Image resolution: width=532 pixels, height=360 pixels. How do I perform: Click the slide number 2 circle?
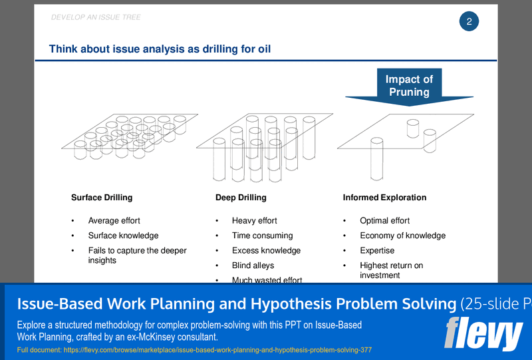[x=469, y=21]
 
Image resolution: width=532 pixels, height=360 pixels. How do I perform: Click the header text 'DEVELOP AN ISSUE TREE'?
[x=96, y=17]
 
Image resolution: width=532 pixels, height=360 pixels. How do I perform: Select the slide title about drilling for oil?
[x=160, y=49]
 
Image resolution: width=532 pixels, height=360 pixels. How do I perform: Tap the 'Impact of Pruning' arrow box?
[x=409, y=86]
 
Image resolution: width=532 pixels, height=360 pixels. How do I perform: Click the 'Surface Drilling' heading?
[x=102, y=198]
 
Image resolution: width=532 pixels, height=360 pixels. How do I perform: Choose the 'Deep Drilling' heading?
[x=241, y=198]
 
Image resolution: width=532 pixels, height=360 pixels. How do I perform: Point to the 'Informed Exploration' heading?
[x=384, y=198]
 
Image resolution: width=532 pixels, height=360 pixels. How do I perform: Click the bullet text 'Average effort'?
[x=114, y=221]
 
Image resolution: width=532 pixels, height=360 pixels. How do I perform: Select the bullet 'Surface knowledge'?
[x=123, y=236]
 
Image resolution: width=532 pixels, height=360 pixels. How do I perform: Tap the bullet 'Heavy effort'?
[x=254, y=221]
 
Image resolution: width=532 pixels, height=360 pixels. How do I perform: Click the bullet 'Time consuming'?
[x=262, y=236]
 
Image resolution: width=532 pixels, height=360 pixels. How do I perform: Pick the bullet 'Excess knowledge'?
[x=266, y=251]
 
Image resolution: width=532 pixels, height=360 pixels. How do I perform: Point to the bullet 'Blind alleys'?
[x=253, y=266]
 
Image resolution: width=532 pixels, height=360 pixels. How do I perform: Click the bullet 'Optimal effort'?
[x=384, y=221]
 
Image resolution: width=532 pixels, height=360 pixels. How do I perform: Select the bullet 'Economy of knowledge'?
[x=402, y=236]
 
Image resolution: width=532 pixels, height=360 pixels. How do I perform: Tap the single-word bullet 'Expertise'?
[x=377, y=251]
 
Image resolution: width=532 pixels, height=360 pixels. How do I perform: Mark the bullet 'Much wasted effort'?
[x=267, y=280]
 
